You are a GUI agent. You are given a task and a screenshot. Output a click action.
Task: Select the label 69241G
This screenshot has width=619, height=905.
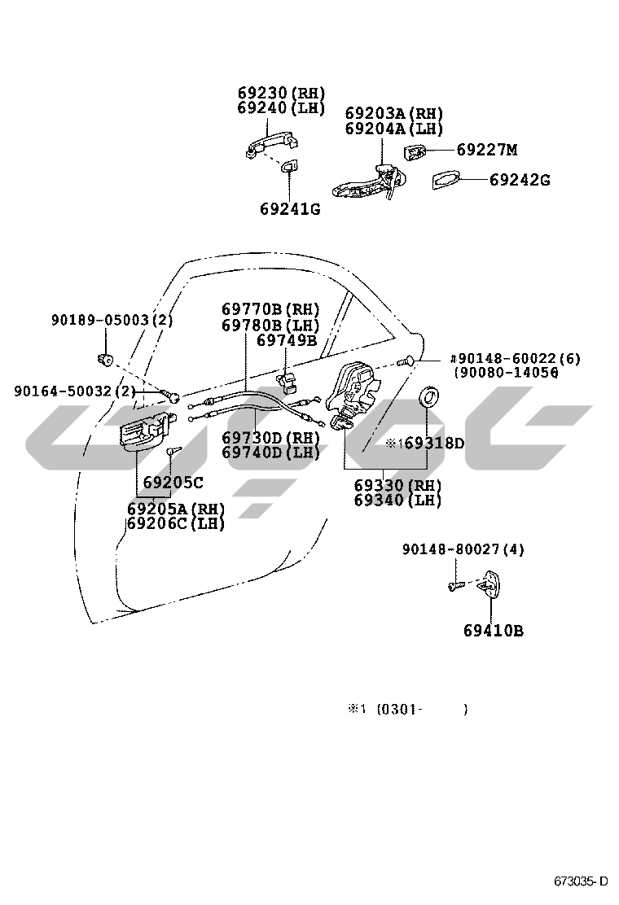pos(290,209)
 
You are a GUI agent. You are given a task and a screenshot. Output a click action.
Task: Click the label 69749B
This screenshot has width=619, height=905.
pos(287,340)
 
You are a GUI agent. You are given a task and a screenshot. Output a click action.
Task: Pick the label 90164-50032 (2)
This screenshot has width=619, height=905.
pos(74,391)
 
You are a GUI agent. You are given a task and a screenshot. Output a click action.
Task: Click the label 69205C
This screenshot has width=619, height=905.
pos(173,482)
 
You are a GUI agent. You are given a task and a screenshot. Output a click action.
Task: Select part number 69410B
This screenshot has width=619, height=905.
pos(493,630)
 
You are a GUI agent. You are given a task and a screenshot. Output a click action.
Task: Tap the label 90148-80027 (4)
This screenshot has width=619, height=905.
pos(463,549)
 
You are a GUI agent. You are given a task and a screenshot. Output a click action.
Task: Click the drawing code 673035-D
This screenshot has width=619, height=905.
pos(581,881)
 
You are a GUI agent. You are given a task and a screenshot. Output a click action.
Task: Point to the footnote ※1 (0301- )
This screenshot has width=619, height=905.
pos(408,709)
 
